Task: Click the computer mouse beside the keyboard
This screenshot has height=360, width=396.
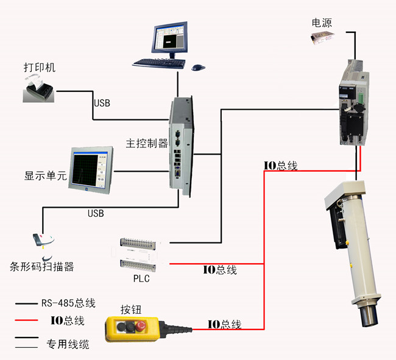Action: (x=198, y=67)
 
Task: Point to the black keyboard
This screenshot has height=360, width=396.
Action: (x=158, y=62)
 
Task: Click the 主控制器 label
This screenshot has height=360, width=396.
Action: (x=147, y=144)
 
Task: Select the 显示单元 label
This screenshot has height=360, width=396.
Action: (x=46, y=176)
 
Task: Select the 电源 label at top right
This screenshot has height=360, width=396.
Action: (x=323, y=23)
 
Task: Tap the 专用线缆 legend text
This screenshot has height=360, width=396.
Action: (x=68, y=345)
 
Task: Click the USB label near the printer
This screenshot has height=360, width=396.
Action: (x=102, y=103)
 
